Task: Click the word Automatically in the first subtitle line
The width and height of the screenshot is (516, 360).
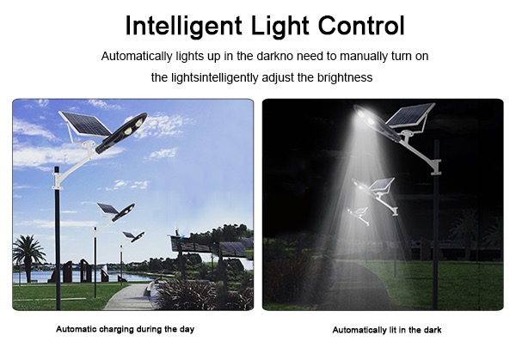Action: [x=137, y=57]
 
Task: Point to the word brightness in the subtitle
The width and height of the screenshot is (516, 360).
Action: [x=343, y=77]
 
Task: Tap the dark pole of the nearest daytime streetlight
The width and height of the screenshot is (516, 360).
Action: [x=58, y=249]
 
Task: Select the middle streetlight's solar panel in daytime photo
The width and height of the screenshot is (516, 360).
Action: [x=107, y=208]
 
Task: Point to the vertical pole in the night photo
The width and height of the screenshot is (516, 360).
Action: [x=437, y=232]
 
